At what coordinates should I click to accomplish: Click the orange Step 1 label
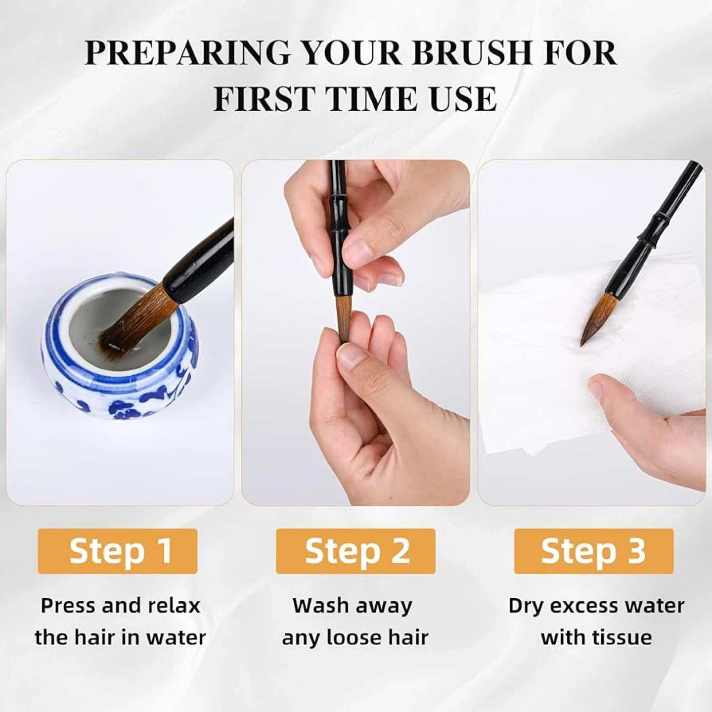[118, 551]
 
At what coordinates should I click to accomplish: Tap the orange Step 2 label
[356, 551]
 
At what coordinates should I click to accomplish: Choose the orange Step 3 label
[594, 551]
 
